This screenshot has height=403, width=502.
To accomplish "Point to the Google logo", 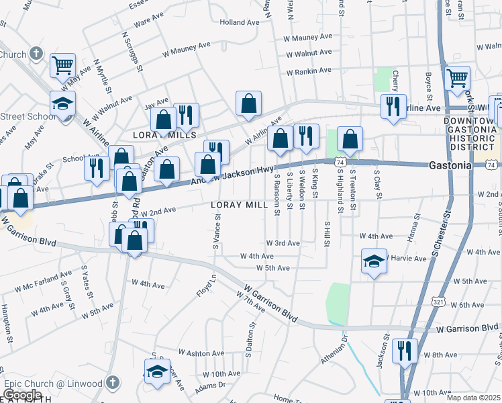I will pos(21,395).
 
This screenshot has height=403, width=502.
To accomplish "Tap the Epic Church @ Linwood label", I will pos(54,384).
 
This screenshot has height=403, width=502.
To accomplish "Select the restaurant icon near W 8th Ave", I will pos(405,350).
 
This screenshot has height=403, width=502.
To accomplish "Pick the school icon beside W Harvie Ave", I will pos(374,261).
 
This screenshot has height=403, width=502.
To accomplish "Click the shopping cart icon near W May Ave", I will pos(62,65).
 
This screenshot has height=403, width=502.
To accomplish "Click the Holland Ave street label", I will pos(239,22).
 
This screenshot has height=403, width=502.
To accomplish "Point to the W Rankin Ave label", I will pos(309,72).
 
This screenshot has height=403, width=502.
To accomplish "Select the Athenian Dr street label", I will pos(336,349).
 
